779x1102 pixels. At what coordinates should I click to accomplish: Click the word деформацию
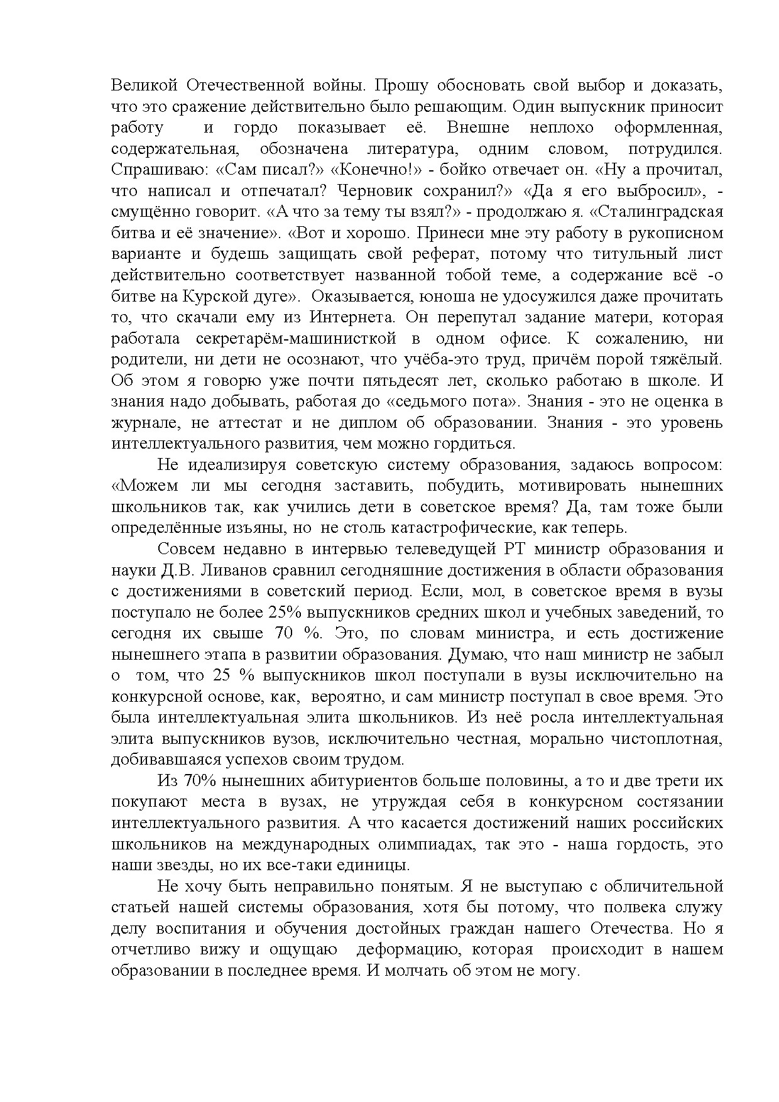pyautogui.click(x=403, y=949)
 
